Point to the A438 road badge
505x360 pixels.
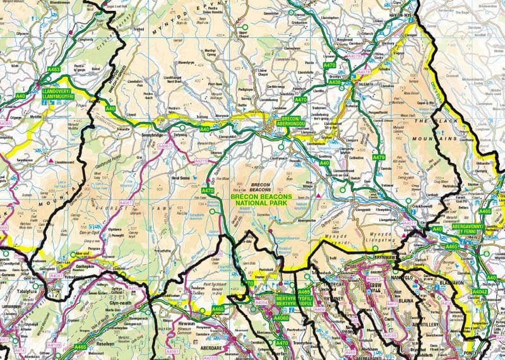(x=335, y=82)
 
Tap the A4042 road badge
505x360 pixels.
(x=480, y=291)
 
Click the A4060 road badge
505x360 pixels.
(x=282, y=318)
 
